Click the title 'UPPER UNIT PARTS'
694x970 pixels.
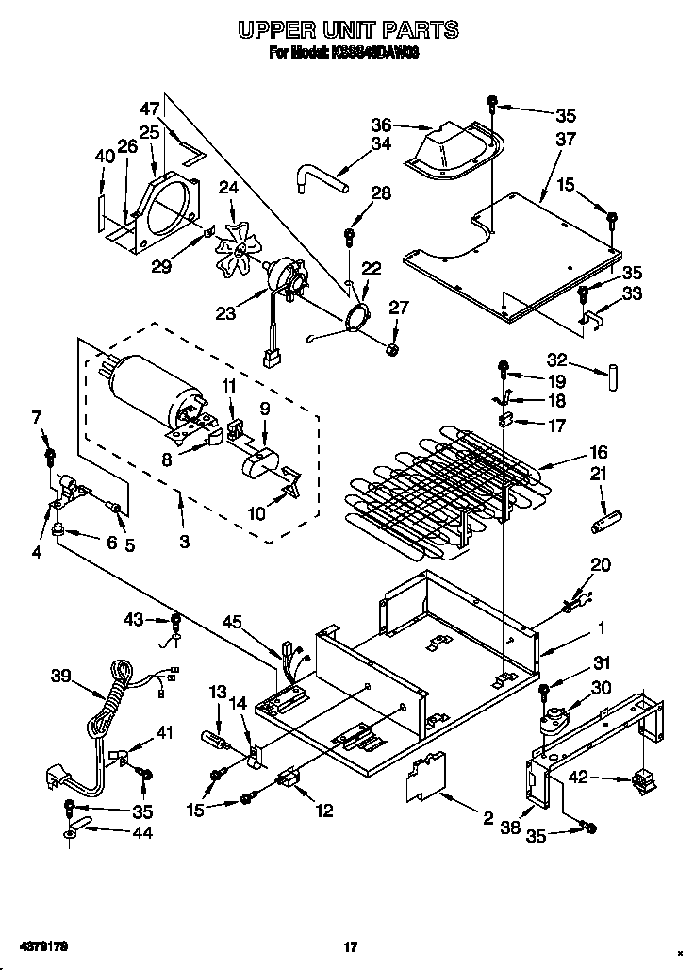coord(347,31)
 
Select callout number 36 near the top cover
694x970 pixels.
coord(381,124)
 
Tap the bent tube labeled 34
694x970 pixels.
coord(317,177)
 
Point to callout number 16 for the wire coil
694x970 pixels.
coord(599,452)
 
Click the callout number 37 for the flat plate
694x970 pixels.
coord(565,140)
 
